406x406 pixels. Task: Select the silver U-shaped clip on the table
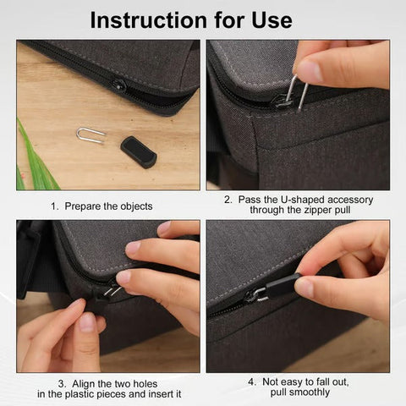tap(90, 134)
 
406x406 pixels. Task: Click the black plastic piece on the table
tap(138, 151)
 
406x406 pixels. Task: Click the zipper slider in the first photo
tap(118, 85)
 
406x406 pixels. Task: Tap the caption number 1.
tap(53, 206)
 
